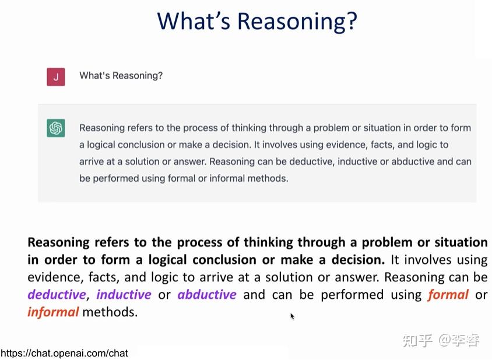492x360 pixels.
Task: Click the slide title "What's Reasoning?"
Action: pyautogui.click(x=256, y=22)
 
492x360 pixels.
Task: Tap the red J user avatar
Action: pyautogui.click(x=56, y=76)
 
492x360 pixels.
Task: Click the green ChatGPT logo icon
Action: pyautogui.click(x=56, y=128)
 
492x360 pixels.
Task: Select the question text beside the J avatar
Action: pyautogui.click(x=121, y=76)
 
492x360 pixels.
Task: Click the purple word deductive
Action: pyautogui.click(x=57, y=295)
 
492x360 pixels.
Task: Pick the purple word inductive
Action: pyautogui.click(x=124, y=295)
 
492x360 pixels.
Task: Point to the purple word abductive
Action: pyautogui.click(x=207, y=295)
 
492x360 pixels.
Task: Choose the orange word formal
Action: pyautogui.click(x=448, y=295)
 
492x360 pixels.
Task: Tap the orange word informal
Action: pyautogui.click(x=53, y=312)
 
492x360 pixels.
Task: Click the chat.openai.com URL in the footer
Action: pyautogui.click(x=64, y=353)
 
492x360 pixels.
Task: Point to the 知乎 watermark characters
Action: pyautogui.click(x=417, y=340)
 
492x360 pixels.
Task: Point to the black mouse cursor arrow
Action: pyautogui.click(x=293, y=316)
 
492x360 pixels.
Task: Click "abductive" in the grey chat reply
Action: pyautogui.click(x=413, y=161)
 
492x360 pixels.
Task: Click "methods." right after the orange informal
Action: pyautogui.click(x=110, y=312)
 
